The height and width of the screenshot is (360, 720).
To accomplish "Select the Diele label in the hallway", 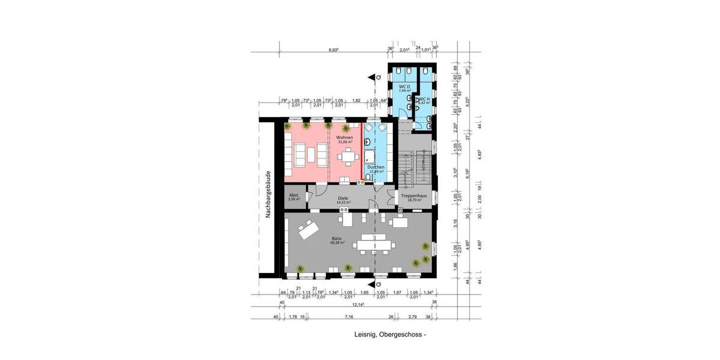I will pos(343,197).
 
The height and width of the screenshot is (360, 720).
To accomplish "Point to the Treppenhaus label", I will pos(415,196).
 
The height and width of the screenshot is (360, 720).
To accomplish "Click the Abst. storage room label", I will pos(294,196).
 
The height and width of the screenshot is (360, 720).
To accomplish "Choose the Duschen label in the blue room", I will pos(376,167).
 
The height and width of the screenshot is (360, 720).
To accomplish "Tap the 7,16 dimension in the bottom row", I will pos(349,316).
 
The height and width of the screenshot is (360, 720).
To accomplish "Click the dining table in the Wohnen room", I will pos(347,157).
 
